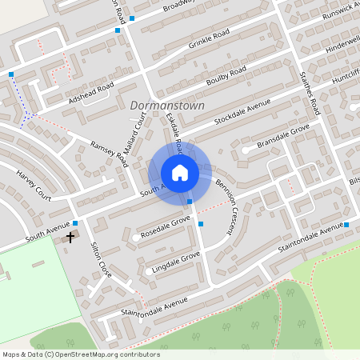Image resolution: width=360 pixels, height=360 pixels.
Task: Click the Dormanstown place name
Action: pos(167,105)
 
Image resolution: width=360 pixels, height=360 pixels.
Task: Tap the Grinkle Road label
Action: pos(209,38)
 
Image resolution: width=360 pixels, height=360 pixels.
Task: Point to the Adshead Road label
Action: pos(91,95)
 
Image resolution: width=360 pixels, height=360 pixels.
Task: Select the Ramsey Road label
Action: pos(110,152)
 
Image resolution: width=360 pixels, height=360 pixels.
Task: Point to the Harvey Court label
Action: pos(34,187)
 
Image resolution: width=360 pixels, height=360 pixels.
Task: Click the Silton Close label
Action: pos(101,259)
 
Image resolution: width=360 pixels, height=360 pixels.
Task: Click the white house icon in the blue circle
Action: pos(179,172)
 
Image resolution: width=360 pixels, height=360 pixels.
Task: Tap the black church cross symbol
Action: pos(70,238)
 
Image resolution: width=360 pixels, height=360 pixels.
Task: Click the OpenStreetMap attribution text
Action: pos(81,354)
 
